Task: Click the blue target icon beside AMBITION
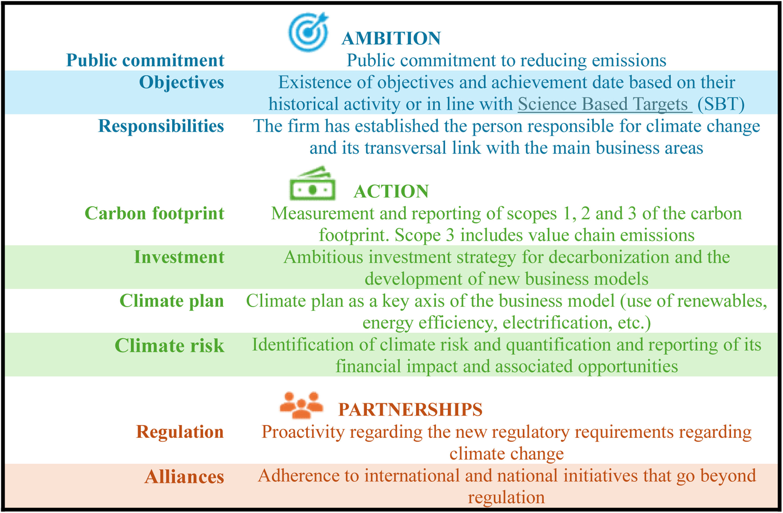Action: pyautogui.click(x=308, y=32)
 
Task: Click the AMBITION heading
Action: pyautogui.click(x=391, y=38)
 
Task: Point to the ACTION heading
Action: pyautogui.click(x=391, y=191)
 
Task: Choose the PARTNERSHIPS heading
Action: pyautogui.click(x=410, y=409)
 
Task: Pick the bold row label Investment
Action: pyautogui.click(x=179, y=257)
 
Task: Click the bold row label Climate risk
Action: pyautogui.click(x=169, y=345)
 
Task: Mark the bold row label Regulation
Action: pyautogui.click(x=180, y=432)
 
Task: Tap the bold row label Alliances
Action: pyautogui.click(x=184, y=477)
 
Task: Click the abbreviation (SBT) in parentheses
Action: pyautogui.click(x=721, y=104)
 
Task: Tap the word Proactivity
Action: pyautogui.click(x=303, y=432)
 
